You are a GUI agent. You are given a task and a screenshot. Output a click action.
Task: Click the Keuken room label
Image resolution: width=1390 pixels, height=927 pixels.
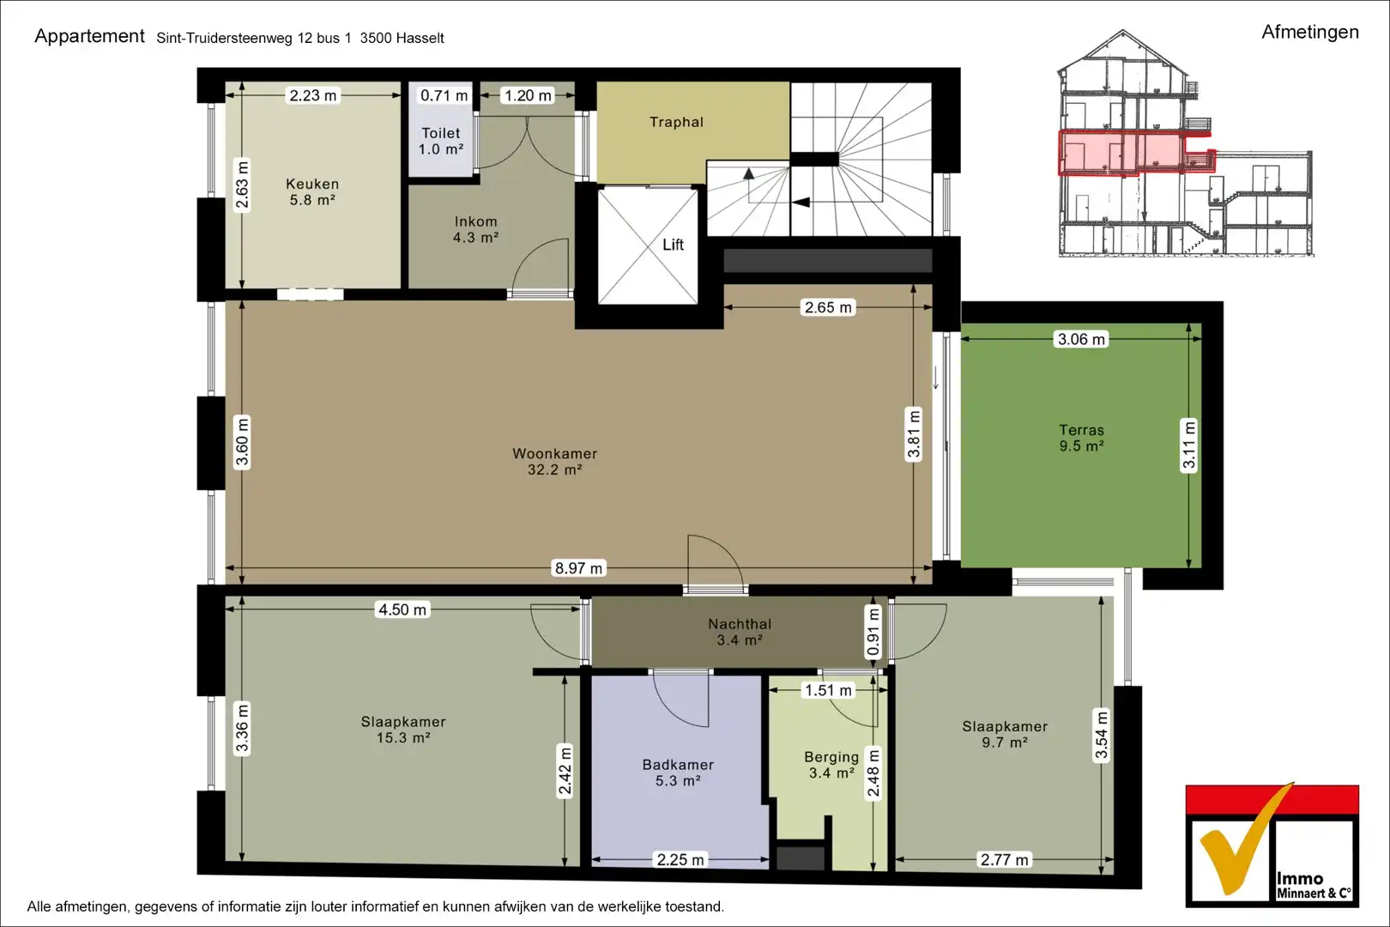(312, 191)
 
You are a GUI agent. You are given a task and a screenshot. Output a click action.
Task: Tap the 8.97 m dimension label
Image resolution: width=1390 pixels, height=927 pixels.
(578, 568)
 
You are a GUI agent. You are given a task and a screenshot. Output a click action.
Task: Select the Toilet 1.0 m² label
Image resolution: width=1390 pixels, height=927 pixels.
(440, 141)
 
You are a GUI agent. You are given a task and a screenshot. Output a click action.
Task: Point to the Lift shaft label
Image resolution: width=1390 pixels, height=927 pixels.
(673, 245)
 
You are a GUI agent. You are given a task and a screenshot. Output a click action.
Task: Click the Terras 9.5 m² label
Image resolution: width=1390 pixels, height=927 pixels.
(1081, 438)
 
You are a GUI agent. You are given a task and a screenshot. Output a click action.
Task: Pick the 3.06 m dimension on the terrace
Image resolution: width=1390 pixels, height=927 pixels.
(1081, 339)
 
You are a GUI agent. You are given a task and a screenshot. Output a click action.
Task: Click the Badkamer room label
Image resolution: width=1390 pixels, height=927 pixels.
(678, 772)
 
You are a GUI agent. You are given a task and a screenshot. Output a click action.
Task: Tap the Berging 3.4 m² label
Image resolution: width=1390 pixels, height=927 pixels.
(831, 765)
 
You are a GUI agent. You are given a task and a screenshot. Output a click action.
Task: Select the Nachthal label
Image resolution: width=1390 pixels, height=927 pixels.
(740, 632)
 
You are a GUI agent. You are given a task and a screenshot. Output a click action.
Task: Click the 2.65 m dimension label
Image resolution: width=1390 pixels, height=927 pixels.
(828, 307)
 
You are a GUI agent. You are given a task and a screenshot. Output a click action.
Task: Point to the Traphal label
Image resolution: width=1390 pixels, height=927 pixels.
(676, 122)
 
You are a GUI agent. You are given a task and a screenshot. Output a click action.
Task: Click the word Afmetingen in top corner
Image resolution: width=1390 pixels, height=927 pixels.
(1309, 32)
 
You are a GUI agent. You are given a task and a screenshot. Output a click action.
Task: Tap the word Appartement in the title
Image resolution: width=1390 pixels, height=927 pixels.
(89, 36)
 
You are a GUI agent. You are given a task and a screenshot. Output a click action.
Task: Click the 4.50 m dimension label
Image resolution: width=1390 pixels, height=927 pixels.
(402, 609)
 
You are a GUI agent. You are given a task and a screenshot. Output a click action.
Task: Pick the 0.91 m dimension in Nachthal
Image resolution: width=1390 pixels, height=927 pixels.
(873, 632)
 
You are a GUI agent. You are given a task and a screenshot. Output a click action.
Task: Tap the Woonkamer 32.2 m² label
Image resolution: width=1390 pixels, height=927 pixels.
(554, 461)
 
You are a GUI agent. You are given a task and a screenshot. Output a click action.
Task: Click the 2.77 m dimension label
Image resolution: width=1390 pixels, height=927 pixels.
(1004, 859)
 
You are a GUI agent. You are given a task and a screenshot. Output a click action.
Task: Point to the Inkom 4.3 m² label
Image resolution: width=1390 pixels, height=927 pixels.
(475, 229)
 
